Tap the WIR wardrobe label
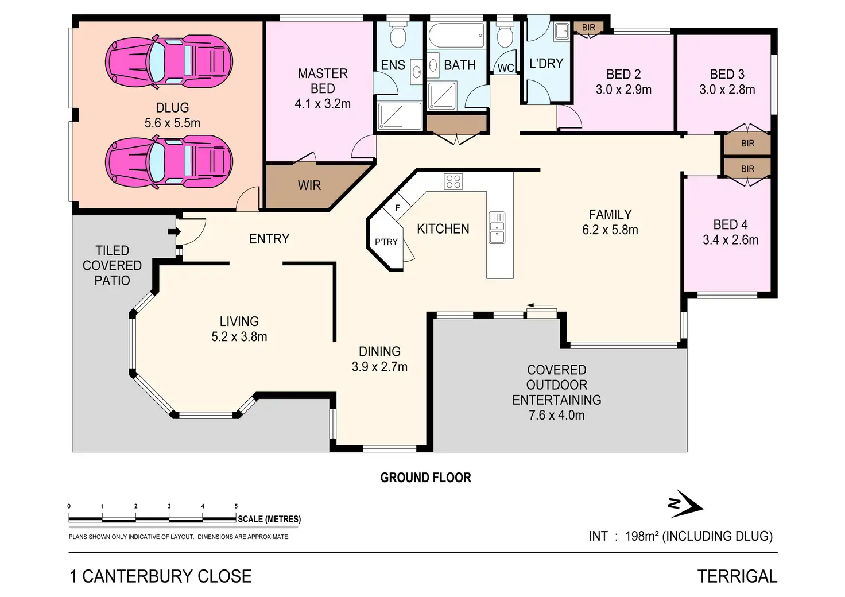(x=309, y=185)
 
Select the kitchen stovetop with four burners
(x=453, y=181)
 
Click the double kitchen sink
(x=497, y=227)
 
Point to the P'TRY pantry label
(x=386, y=242)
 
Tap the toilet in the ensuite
(x=397, y=36)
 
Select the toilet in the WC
(x=505, y=36)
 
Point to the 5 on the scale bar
(x=236, y=506)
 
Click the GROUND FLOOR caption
(x=425, y=478)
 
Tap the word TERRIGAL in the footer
(x=737, y=576)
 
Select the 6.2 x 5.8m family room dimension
(x=610, y=230)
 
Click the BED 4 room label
(x=730, y=224)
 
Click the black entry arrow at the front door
(x=171, y=232)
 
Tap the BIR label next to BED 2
(x=588, y=28)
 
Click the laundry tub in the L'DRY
(x=561, y=32)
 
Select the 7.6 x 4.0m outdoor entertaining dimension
(x=556, y=415)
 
